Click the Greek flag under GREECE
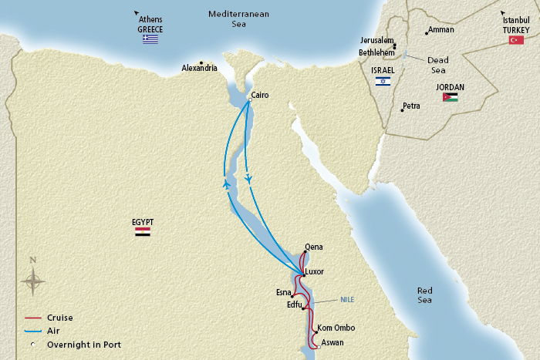(150, 39)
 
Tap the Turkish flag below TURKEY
(516, 39)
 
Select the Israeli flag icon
(383, 80)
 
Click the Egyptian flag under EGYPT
(143, 231)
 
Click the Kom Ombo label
(336, 328)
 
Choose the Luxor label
(315, 271)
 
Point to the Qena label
(314, 247)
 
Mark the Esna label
(284, 292)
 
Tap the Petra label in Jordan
(411, 106)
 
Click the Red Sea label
(425, 294)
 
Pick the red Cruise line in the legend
(32, 317)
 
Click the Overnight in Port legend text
(83, 344)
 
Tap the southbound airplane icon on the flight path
(248, 179)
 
